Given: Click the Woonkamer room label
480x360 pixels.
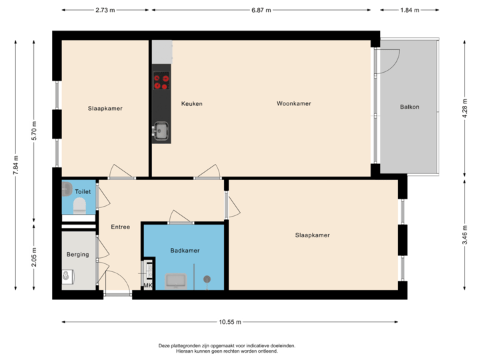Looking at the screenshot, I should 294,104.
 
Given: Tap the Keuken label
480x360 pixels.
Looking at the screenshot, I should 191,104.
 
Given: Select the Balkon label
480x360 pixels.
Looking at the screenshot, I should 409,107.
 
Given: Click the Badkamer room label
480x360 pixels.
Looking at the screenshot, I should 185,251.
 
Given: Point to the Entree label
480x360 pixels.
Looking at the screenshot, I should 120,227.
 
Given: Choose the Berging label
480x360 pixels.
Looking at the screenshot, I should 77,255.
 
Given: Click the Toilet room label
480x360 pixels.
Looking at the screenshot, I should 83,191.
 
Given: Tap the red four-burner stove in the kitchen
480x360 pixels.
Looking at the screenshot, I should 161,82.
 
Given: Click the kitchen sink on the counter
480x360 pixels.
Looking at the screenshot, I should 161,129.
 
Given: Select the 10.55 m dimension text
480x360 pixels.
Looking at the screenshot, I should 230,322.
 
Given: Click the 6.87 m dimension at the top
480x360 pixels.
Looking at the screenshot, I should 261,11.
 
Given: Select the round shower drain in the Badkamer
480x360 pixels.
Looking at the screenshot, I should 207,279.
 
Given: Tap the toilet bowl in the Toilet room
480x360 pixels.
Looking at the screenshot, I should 79,207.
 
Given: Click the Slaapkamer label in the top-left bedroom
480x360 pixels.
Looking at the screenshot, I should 105,109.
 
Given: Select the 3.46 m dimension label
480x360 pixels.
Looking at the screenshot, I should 465,235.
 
